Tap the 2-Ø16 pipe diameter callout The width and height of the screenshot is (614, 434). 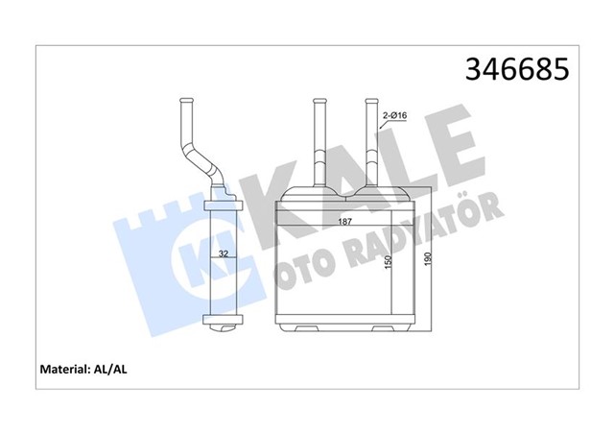(396, 116)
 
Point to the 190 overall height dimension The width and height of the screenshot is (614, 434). (429, 256)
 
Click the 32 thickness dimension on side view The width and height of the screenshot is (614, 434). (222, 255)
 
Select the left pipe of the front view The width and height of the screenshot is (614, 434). (319, 144)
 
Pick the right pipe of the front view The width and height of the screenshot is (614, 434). (371, 144)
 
